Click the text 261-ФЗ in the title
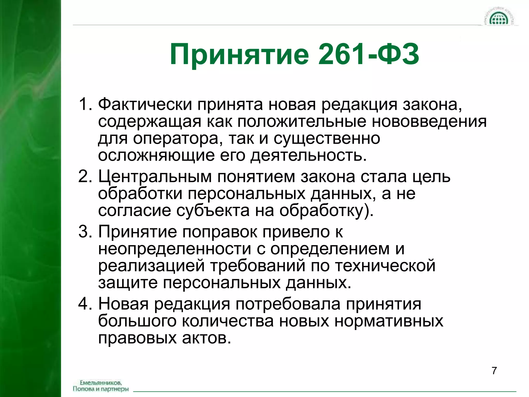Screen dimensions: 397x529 click(369, 54)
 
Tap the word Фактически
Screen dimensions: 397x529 click(145, 105)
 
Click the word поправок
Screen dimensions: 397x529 click(220, 232)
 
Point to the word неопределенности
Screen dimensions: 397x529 click(175, 249)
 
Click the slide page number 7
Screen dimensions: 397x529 click(494, 371)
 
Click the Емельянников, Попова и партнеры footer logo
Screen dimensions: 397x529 click(101, 386)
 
